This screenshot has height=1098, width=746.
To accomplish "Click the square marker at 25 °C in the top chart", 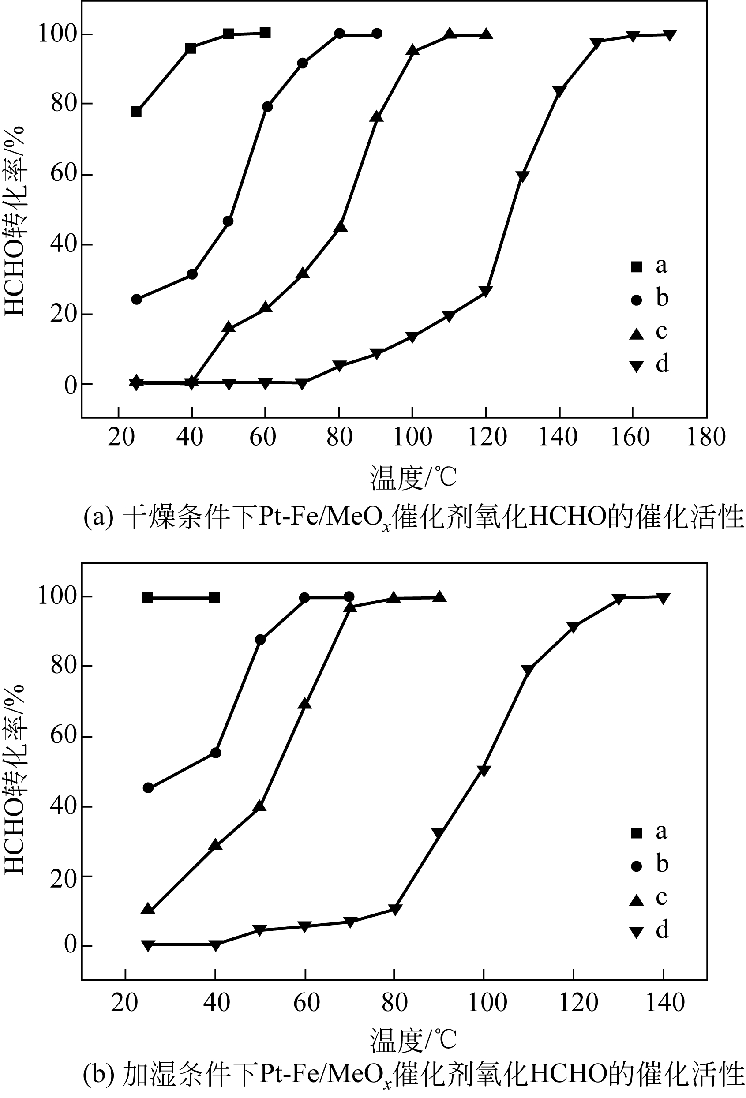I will [136, 112].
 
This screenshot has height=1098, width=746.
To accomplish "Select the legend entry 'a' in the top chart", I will [637, 266].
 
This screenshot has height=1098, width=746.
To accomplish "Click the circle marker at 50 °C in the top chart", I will [228, 221].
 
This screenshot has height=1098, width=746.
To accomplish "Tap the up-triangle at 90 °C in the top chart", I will [377, 117].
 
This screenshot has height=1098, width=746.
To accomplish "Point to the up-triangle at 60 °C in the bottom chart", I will [305, 704].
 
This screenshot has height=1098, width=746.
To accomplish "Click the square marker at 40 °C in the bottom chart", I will [214, 597].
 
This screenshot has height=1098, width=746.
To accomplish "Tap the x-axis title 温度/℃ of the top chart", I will [413, 478].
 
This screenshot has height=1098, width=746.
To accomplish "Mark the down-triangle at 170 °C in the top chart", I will [669, 35].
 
